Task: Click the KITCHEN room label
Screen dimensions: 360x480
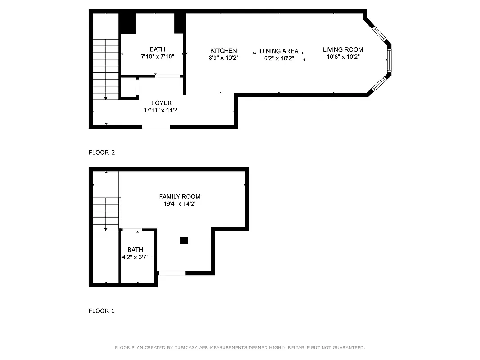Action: [224, 51]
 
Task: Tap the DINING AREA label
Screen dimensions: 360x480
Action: [279, 51]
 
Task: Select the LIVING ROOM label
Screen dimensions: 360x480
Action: [343, 50]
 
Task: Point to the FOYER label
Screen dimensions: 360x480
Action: [161, 103]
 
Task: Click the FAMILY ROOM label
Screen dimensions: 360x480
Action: [179, 197]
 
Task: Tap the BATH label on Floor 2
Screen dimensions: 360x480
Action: [157, 49]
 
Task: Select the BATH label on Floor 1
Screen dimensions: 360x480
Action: [135, 250]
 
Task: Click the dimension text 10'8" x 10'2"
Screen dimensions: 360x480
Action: [343, 57]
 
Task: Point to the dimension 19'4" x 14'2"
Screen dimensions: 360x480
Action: [179, 204]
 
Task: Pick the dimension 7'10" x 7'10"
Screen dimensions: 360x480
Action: [157, 57]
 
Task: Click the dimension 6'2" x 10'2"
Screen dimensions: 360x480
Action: [279, 58]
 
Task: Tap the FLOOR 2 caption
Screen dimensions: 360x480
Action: [102, 153]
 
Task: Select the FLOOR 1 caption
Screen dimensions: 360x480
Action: [102, 311]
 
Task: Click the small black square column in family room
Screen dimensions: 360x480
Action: [184, 240]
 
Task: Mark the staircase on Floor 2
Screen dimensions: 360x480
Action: [106, 69]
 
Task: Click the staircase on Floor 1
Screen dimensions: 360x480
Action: [106, 214]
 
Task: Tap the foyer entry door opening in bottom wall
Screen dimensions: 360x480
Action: [156, 127]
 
